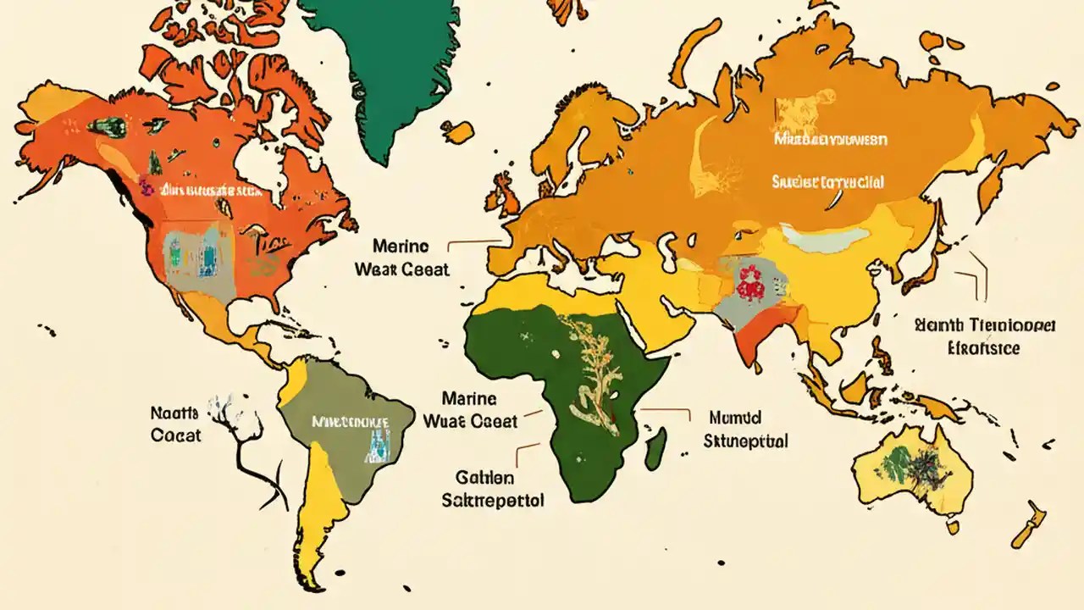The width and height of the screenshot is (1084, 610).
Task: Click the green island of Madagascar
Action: coord(655,447)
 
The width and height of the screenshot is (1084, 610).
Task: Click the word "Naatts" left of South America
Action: coord(174,413)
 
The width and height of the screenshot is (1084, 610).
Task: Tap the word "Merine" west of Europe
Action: coord(401,247)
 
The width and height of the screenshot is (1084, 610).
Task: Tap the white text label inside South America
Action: coord(350,420)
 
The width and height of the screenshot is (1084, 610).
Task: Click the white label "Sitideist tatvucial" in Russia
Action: coord(827,181)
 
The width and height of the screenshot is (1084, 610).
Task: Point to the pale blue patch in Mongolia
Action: coord(813,239)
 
